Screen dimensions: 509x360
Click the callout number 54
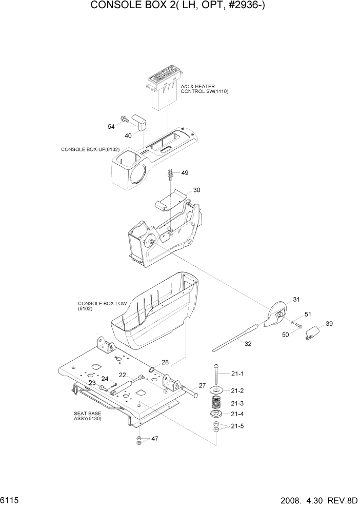111,126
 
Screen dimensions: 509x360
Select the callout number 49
185,172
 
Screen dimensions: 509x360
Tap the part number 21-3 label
237,403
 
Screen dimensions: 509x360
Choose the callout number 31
296,300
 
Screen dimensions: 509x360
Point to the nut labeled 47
139,439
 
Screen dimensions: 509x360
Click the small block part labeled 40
139,123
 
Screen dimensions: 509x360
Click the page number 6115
11,500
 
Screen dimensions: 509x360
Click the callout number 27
202,385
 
